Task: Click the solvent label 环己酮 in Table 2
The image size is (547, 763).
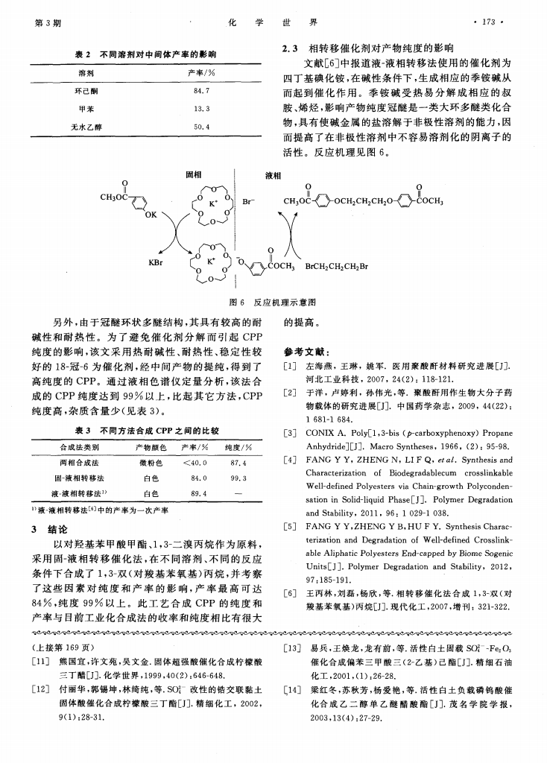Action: click(79, 91)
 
